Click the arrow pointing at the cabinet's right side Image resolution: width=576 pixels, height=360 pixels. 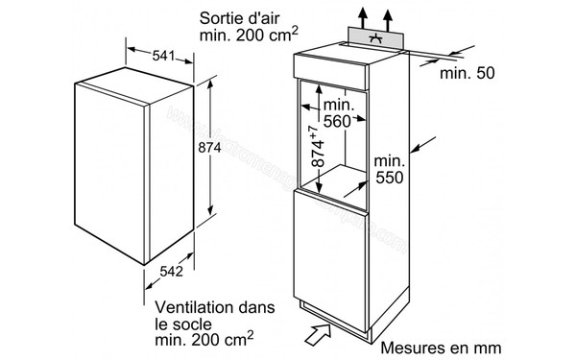[x=418, y=148]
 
